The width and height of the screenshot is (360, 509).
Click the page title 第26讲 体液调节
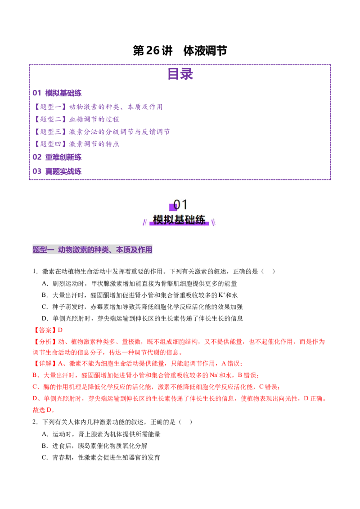pyautogui.click(x=180, y=51)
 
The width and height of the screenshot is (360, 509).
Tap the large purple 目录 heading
pyautogui.click(x=180, y=74)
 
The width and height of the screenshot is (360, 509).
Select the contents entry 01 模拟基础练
pyautogui.click(x=57, y=93)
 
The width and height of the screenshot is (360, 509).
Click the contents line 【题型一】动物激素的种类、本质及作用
pyautogui.click(x=98, y=107)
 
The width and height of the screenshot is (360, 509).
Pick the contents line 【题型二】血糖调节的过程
pyautogui.click(x=76, y=119)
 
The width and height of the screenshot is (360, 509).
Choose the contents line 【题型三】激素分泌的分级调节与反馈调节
pyautogui.click(x=101, y=131)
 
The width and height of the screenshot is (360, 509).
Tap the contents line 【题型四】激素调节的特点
pyautogui.click(x=76, y=144)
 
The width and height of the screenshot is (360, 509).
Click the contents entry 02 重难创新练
pyautogui.click(x=57, y=157)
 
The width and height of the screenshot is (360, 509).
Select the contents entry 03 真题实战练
pyautogui.click(x=57, y=171)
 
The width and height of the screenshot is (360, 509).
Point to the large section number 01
pyautogui.click(x=180, y=205)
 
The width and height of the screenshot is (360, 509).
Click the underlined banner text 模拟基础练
pyautogui.click(x=179, y=220)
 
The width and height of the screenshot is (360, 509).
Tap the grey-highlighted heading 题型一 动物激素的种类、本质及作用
pyautogui.click(x=92, y=250)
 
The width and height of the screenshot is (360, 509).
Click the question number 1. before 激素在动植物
pyautogui.click(x=36, y=272)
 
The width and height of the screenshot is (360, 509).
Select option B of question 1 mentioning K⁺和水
pyautogui.click(x=139, y=295)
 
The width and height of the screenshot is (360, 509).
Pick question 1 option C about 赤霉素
pyautogui.click(x=142, y=307)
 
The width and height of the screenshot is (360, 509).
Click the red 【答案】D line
pyautogui.click(x=48, y=330)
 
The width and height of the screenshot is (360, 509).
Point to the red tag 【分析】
pyautogui.click(x=45, y=342)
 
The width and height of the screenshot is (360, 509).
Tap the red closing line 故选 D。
pyautogui.click(x=44, y=410)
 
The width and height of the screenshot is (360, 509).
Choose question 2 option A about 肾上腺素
pyautogui.click(x=101, y=434)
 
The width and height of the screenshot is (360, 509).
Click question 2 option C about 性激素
pyautogui.click(x=101, y=457)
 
